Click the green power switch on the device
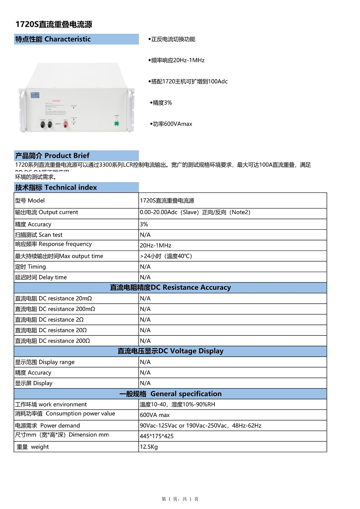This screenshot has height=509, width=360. click(116, 123)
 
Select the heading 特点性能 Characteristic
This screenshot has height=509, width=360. click(53, 39)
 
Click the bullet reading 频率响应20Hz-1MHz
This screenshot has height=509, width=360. click(176, 60)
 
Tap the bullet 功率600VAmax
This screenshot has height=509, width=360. click(171, 124)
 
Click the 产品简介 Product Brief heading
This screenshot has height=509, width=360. click(52, 156)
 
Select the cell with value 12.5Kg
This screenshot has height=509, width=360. click(149, 447)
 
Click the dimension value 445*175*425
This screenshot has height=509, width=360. click(157, 436)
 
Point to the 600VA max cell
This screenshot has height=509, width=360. click(155, 415)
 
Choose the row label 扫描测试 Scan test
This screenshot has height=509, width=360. click(39, 235)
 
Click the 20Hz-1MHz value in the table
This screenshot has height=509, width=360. click(156, 246)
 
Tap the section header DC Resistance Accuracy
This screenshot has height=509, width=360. click(170, 287)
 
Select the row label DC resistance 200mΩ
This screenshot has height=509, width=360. click(55, 309)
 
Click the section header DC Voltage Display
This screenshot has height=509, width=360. click(170, 351)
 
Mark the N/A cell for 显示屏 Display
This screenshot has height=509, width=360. click(145, 383)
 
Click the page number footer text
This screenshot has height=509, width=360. click(180, 499)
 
